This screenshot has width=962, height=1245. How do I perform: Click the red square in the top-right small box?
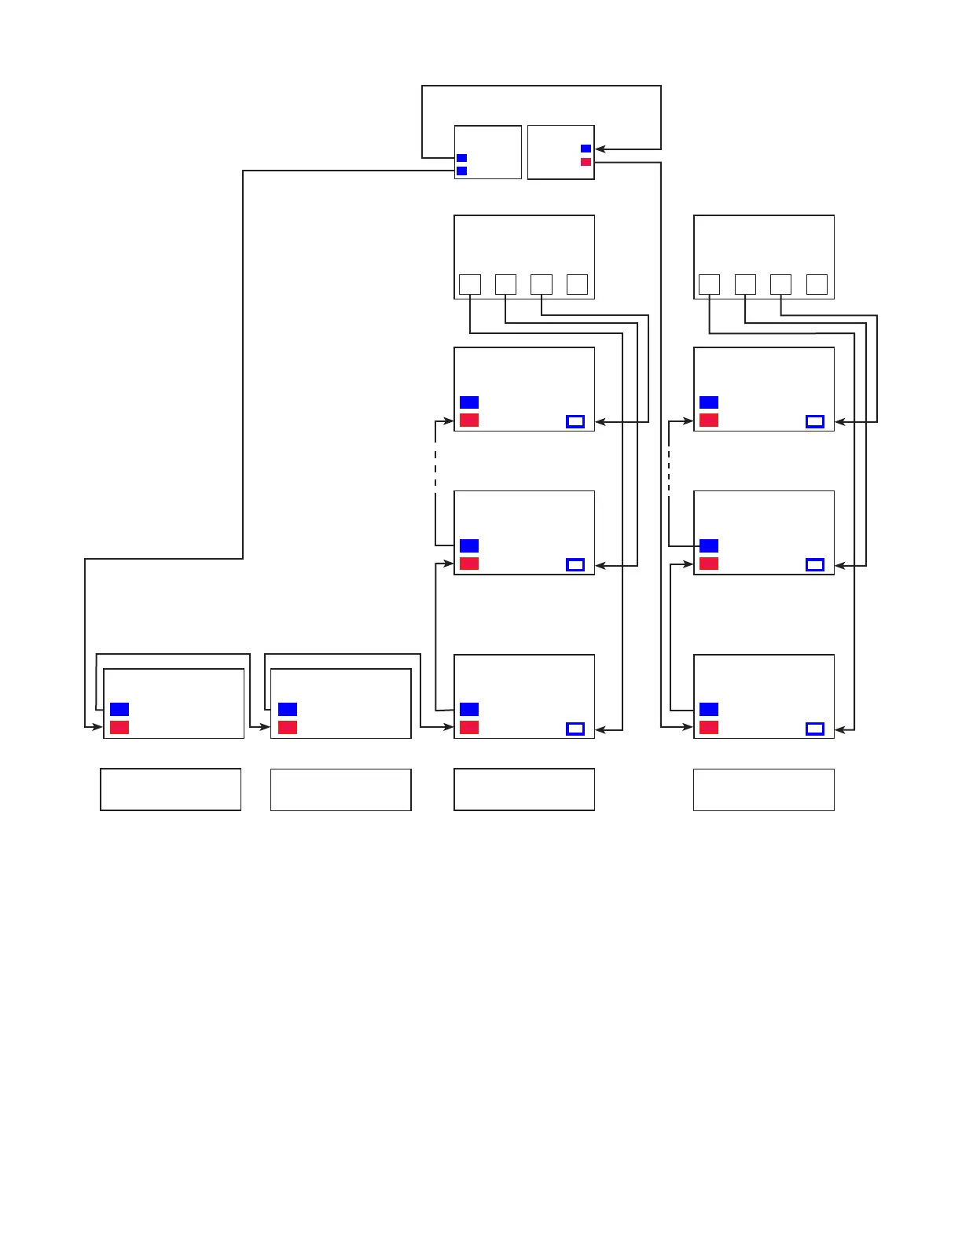(x=586, y=162)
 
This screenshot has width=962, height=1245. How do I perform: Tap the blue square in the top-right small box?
(x=586, y=149)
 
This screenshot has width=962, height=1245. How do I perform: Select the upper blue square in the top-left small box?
(x=461, y=158)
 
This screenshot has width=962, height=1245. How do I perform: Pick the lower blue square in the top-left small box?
(x=461, y=171)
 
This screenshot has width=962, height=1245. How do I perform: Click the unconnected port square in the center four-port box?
(x=577, y=285)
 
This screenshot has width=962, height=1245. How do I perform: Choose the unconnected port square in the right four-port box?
(x=817, y=285)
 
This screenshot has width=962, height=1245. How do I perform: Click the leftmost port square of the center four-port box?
(x=469, y=285)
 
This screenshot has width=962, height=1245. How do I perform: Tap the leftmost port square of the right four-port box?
(x=709, y=285)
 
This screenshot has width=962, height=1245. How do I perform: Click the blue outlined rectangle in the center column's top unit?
(x=575, y=421)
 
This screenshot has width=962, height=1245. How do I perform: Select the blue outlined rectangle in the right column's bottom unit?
(x=815, y=729)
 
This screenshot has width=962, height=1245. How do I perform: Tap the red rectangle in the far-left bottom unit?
(x=119, y=727)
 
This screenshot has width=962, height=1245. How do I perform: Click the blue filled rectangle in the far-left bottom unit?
(x=119, y=709)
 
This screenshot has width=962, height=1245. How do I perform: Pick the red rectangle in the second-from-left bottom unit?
(x=288, y=727)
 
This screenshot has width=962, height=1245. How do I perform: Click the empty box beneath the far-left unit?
(x=171, y=789)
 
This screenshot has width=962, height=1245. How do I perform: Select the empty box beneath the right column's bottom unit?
(x=763, y=789)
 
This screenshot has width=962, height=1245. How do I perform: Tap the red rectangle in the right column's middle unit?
(x=709, y=564)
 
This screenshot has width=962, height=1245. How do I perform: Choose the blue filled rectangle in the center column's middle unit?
(x=469, y=545)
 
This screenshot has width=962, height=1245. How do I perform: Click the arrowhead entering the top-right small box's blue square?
(x=600, y=149)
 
